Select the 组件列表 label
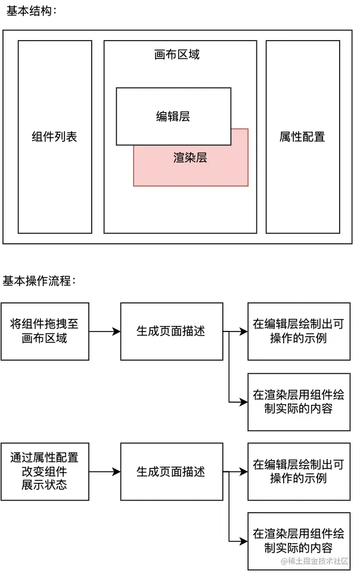(x=54, y=137)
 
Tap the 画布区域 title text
(x=177, y=55)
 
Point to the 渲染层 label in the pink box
(x=190, y=158)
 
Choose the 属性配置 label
(x=302, y=137)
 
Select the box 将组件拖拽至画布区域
(x=45, y=331)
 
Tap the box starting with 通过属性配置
(x=45, y=471)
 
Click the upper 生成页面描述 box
(x=171, y=331)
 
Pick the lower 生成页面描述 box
(x=171, y=471)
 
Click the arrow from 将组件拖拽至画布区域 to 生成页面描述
(x=104, y=331)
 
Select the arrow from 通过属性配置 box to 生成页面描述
(x=104, y=471)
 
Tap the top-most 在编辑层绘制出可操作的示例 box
(x=299, y=331)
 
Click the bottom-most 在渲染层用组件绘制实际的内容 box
(x=299, y=541)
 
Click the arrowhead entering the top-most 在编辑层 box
(x=244, y=331)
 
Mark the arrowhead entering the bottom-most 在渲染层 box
(x=244, y=541)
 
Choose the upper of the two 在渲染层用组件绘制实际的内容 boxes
(x=299, y=402)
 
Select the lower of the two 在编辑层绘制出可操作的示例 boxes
(x=299, y=471)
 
